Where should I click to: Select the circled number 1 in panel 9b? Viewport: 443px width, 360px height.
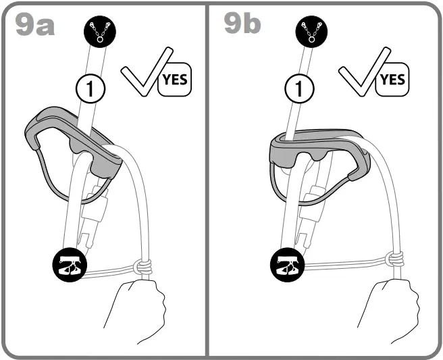click(295, 86)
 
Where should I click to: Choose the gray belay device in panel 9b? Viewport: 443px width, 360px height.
click(317, 149)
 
